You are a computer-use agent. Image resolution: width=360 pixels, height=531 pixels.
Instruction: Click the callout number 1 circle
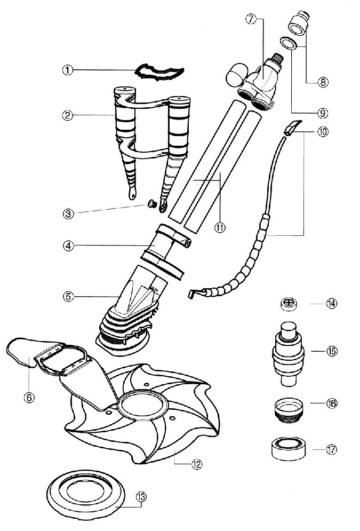click(x=67, y=70)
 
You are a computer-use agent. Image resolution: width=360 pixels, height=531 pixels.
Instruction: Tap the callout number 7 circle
click(x=251, y=19)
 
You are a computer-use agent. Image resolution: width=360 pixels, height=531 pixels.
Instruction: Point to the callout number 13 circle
click(x=141, y=497)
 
